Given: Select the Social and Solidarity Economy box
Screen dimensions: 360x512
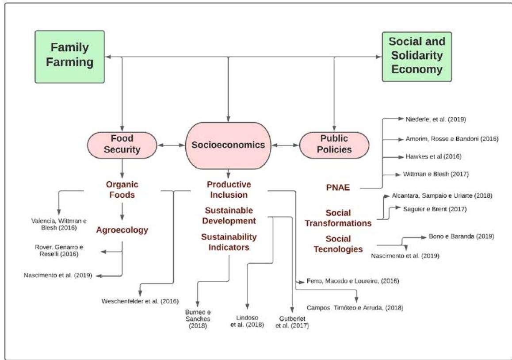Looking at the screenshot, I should (416, 56).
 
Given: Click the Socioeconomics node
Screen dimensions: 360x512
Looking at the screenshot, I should (228, 145).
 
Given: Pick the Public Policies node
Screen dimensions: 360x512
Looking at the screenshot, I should (334, 145).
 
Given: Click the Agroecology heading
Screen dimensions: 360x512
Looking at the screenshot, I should (122, 230).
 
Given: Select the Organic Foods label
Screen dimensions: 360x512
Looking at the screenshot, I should (122, 189).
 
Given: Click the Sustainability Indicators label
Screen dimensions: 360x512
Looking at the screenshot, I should (229, 242).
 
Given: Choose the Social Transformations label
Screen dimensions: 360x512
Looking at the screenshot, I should (342, 218).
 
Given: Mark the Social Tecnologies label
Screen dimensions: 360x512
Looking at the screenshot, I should (338, 244).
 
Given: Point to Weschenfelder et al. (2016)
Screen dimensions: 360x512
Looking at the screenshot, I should (140, 302).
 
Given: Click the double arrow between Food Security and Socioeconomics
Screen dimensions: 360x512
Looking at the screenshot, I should (172, 145).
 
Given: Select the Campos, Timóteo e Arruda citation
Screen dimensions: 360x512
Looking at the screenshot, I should (355, 307).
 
